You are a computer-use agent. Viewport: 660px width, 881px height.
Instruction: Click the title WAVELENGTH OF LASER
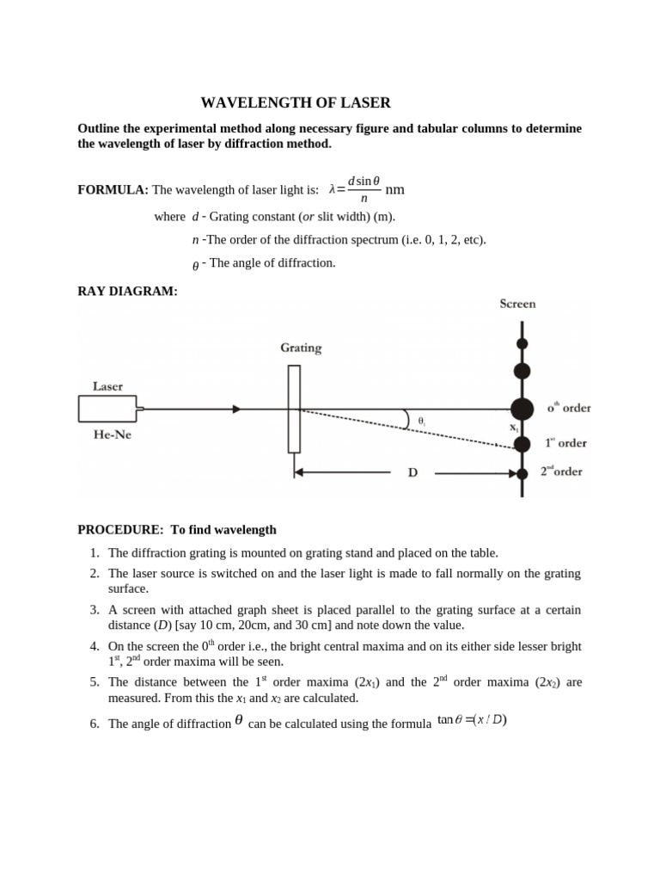click(x=296, y=103)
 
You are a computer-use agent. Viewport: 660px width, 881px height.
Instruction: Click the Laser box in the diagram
click(x=107, y=409)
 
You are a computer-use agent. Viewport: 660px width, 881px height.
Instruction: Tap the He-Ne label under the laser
click(x=112, y=434)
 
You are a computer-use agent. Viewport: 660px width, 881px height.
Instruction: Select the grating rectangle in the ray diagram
click(x=294, y=409)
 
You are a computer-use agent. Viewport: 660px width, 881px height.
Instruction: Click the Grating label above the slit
click(x=301, y=348)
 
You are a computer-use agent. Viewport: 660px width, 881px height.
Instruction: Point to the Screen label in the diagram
click(x=517, y=304)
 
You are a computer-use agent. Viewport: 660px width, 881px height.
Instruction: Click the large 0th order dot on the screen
click(x=522, y=410)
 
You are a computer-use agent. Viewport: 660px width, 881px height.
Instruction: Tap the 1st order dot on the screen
click(x=522, y=444)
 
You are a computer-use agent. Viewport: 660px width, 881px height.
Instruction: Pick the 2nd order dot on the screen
click(x=522, y=473)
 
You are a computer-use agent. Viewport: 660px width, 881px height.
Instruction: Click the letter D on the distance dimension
click(x=412, y=473)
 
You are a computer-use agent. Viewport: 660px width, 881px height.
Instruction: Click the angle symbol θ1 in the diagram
click(x=422, y=422)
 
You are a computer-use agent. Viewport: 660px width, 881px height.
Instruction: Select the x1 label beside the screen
click(x=514, y=428)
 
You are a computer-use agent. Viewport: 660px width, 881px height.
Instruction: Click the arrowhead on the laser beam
click(x=236, y=410)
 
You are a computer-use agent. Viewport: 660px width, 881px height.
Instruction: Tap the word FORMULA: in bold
click(x=113, y=189)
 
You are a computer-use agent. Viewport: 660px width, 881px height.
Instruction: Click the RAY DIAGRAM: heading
click(x=127, y=292)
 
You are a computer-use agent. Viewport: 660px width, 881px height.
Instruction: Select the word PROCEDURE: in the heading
click(x=120, y=530)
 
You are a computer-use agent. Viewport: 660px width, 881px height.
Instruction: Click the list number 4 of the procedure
click(x=95, y=646)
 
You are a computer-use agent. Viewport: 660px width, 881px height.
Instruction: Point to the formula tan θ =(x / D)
click(x=472, y=720)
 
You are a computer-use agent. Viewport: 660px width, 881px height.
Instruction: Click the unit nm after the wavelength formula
click(x=394, y=189)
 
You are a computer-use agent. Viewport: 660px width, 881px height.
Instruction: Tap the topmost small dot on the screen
click(x=522, y=343)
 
